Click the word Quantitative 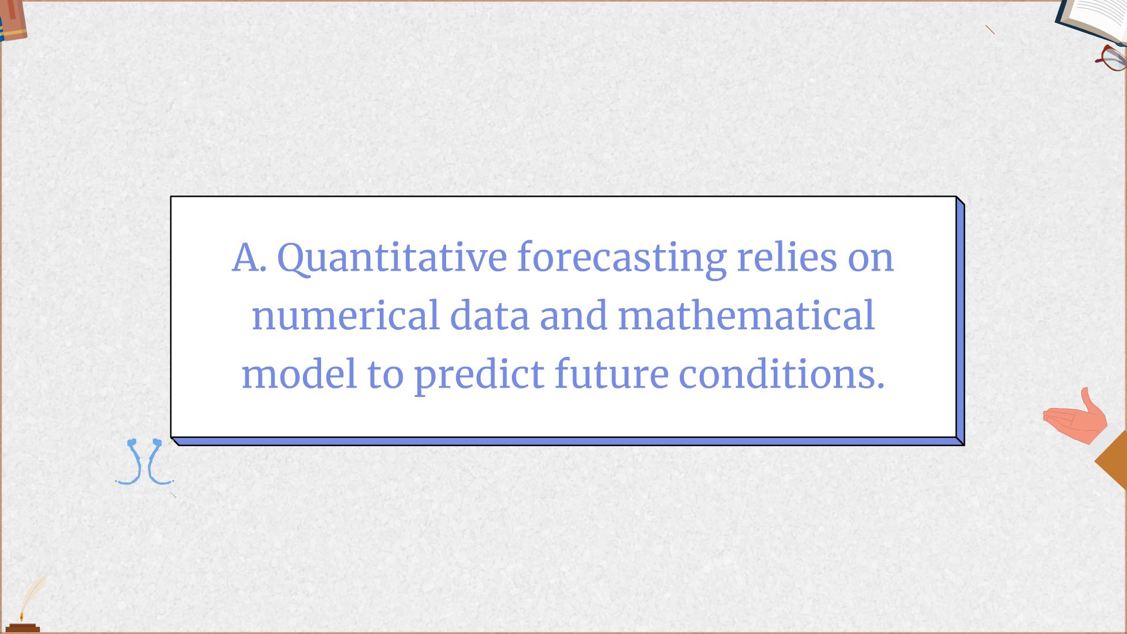click(392, 258)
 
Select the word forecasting click(621, 258)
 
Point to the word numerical click(345, 315)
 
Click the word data click(490, 315)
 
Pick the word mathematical click(746, 315)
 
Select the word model click(299, 374)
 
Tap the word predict click(479, 375)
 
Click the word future click(611, 374)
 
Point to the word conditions click(781, 374)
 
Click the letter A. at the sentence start click(249, 258)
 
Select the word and click(573, 315)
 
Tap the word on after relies click(870, 258)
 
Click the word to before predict click(385, 374)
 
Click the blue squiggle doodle click(144, 462)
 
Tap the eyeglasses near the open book click(1111, 58)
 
